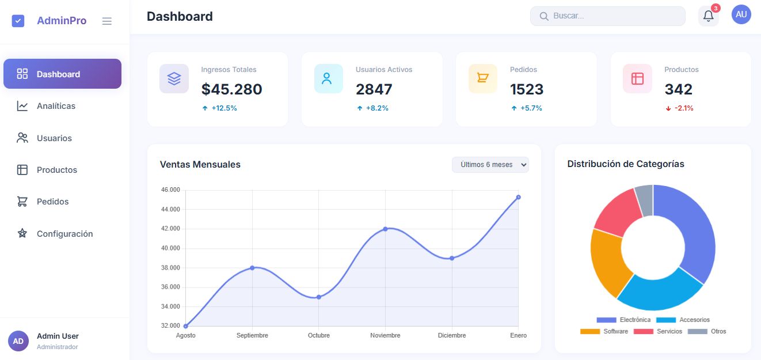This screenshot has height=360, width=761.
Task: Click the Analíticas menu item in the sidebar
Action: [56, 106]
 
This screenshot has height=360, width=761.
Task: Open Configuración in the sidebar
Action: [64, 234]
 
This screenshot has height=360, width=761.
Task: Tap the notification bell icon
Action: [708, 16]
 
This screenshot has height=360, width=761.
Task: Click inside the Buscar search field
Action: [610, 16]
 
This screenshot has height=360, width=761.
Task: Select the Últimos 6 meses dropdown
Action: [490, 165]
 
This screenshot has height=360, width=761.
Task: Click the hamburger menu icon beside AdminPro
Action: [107, 21]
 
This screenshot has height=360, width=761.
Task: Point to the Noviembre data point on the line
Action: [385, 229]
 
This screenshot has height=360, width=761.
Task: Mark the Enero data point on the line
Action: [518, 197]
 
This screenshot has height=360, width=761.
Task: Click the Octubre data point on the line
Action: [318, 297]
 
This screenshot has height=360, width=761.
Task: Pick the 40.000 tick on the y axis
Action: [170, 248]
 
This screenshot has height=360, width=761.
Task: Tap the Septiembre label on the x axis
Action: [252, 335]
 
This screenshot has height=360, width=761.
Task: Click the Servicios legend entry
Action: [660, 331]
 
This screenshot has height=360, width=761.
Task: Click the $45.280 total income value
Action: [231, 89]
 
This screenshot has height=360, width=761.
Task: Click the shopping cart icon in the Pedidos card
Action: [482, 78]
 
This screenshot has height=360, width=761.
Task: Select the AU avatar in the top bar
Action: [741, 14]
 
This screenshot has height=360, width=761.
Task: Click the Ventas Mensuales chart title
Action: [200, 165]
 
